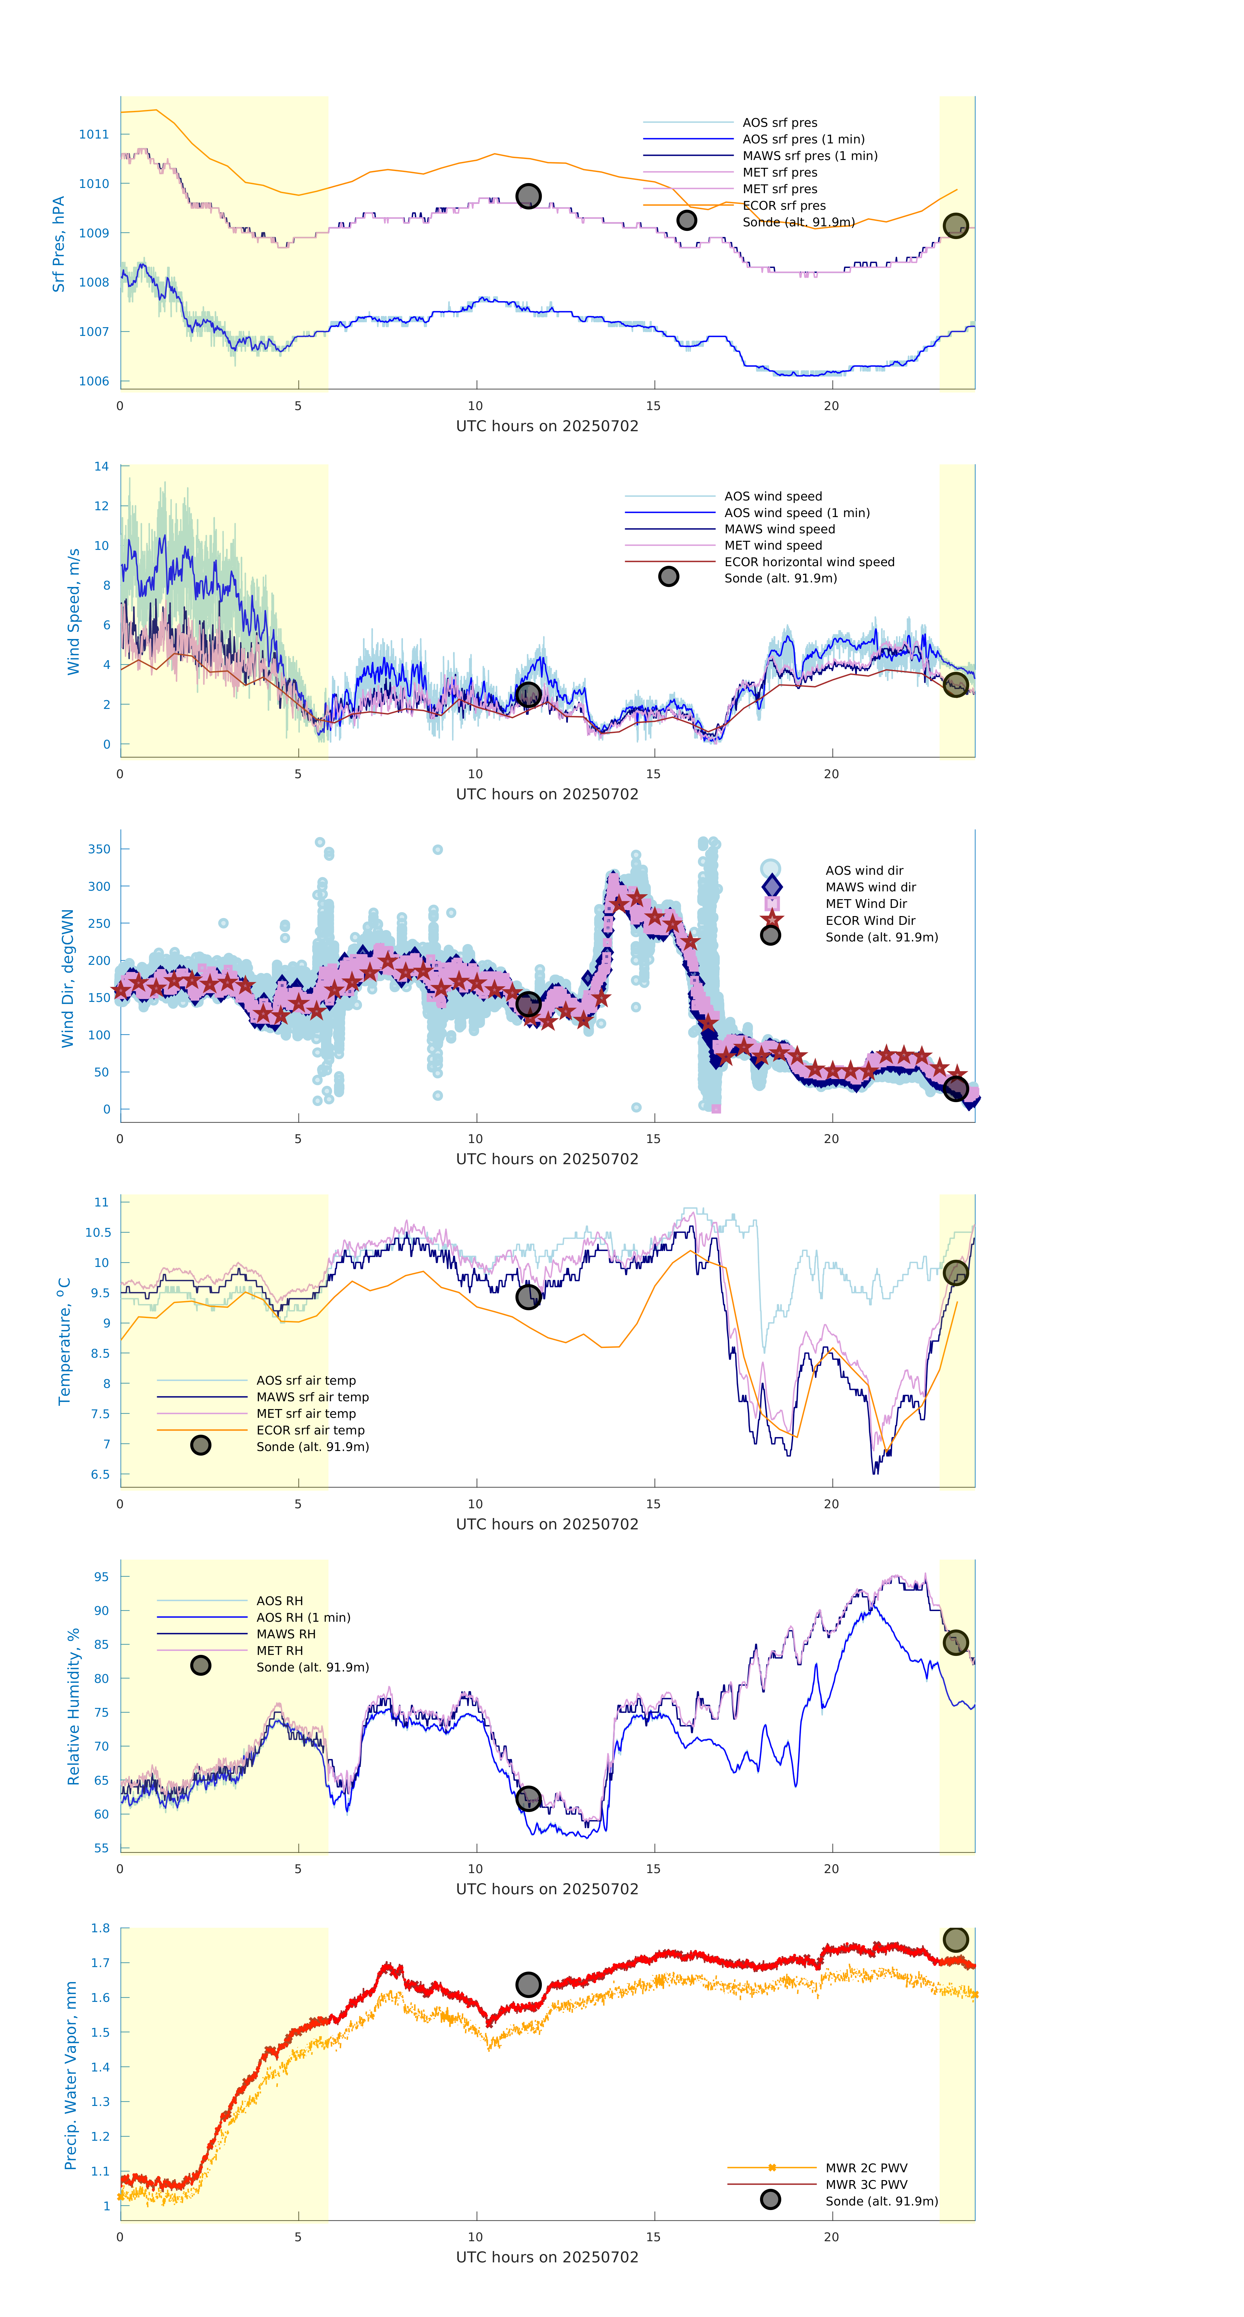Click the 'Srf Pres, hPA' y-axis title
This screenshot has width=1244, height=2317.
[x=59, y=244]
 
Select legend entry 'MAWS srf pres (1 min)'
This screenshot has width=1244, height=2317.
[x=809, y=156]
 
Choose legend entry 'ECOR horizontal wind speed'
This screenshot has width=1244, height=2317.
[x=809, y=562]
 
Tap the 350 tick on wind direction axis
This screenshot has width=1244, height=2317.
[x=99, y=849]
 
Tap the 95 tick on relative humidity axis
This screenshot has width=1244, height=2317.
[x=101, y=1577]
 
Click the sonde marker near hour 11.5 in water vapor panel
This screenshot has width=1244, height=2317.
[x=528, y=1984]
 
